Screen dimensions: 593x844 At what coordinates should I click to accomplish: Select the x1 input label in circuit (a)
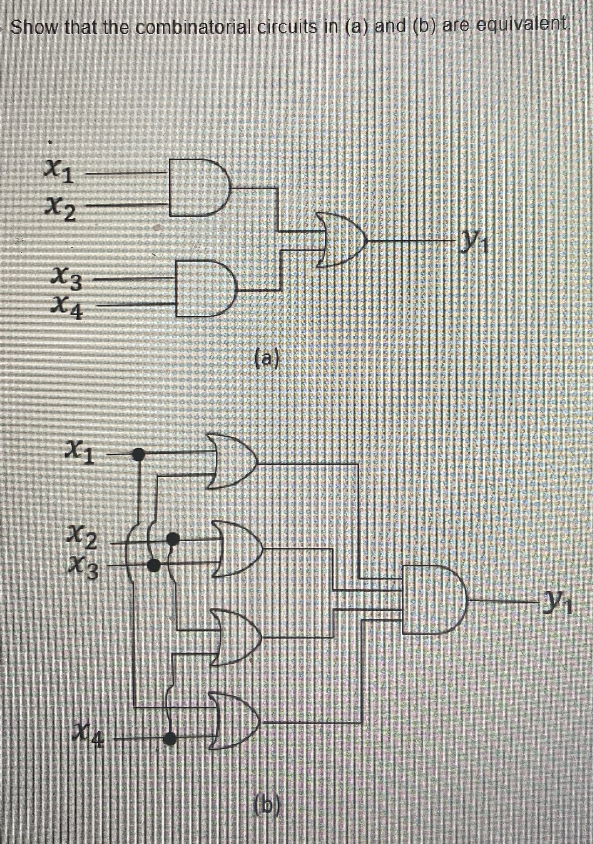(60, 174)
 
